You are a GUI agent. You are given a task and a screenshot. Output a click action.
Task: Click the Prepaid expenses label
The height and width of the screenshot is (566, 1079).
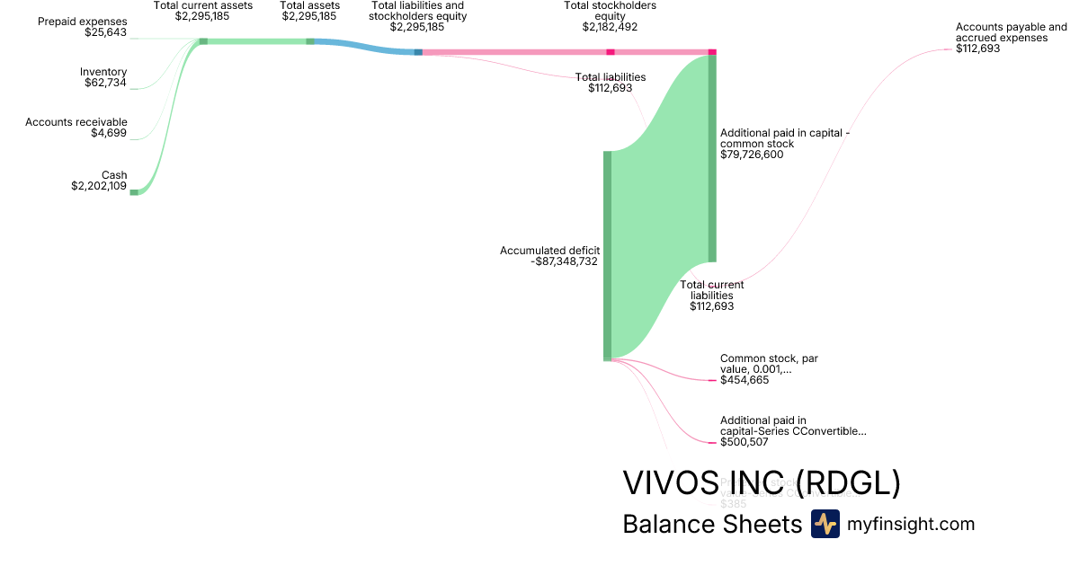(82, 21)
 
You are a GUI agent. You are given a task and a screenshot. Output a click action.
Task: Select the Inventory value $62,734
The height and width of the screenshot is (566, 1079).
(105, 83)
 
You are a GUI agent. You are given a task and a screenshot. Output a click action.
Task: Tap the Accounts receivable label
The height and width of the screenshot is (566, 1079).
(76, 122)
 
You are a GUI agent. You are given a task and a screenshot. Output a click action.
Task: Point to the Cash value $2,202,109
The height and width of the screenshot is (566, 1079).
(99, 187)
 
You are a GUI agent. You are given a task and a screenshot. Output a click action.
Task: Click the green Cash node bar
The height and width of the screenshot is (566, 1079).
(134, 191)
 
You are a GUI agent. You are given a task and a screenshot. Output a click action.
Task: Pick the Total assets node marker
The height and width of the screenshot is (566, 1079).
(310, 41)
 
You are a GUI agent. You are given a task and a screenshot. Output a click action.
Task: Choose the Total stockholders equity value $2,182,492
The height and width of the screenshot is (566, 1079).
(610, 27)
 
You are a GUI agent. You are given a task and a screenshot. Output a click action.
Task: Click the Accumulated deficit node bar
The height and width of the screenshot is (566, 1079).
(607, 256)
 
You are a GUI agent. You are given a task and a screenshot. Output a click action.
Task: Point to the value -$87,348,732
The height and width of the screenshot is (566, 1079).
(565, 261)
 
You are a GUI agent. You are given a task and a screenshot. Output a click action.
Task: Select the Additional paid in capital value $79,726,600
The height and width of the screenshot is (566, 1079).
(752, 155)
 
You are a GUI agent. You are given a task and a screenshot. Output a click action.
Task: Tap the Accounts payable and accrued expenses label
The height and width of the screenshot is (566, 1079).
(1012, 32)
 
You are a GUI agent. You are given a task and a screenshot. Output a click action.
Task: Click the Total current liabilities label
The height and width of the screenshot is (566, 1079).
(712, 290)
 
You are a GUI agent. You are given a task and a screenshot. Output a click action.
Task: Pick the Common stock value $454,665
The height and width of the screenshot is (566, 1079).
(745, 380)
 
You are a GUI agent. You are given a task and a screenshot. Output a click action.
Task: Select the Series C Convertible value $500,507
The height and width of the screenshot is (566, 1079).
(745, 442)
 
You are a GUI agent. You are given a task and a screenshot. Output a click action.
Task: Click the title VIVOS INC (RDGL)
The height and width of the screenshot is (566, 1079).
(761, 483)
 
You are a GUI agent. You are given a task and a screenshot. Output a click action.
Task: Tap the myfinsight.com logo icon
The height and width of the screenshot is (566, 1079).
(825, 524)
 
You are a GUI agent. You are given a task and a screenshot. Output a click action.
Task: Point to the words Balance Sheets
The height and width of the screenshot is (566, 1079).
(711, 524)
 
